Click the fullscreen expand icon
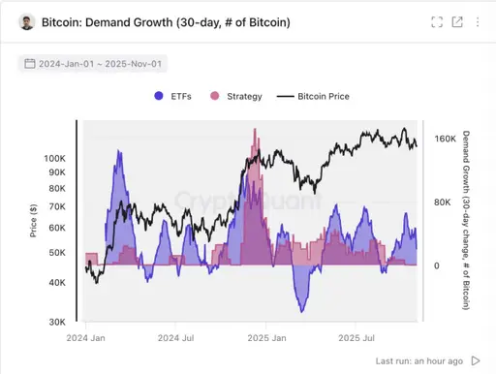437,21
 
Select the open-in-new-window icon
457,21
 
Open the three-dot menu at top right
478,21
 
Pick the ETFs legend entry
174,97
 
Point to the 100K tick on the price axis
54,157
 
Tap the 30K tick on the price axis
57,322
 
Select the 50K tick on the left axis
57,252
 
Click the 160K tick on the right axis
445,140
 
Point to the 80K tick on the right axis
442,203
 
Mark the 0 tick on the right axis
436,265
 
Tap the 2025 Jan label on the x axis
267,339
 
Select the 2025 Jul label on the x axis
356,339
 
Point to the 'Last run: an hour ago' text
418,360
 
